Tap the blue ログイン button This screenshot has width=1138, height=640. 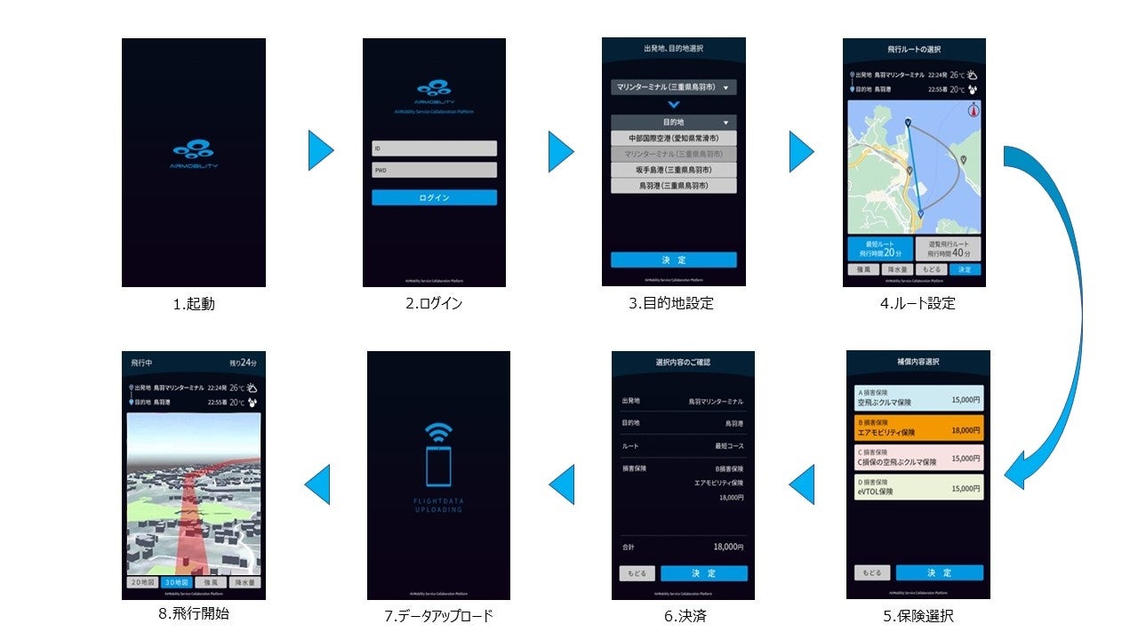(x=434, y=197)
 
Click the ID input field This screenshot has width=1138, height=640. (x=434, y=148)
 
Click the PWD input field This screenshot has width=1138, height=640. (x=434, y=170)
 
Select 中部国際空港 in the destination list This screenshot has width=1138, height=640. (x=673, y=139)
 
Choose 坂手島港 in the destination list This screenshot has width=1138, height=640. (x=673, y=170)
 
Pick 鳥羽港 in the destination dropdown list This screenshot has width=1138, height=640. (x=673, y=186)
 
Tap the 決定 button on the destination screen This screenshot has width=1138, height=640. (x=673, y=260)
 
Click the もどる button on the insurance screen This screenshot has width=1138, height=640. (x=871, y=572)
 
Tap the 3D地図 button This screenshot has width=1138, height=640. (x=177, y=582)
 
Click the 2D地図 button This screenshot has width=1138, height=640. (x=141, y=582)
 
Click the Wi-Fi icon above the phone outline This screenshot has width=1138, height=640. (x=438, y=432)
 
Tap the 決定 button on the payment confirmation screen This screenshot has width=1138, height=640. (x=703, y=573)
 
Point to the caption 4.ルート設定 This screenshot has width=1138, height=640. (x=918, y=303)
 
